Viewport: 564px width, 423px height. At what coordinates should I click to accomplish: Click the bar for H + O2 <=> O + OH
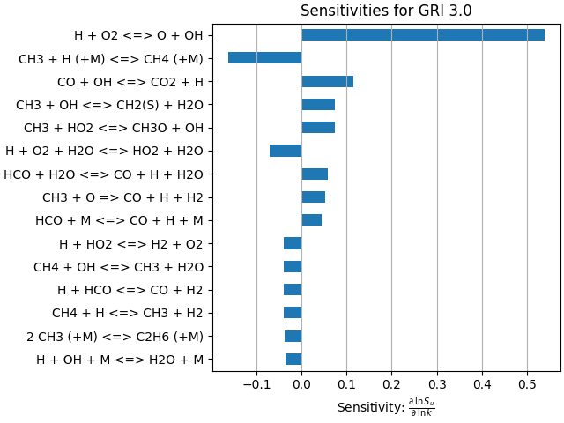click(x=423, y=35)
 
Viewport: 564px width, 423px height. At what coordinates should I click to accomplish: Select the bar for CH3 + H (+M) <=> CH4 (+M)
click(x=264, y=58)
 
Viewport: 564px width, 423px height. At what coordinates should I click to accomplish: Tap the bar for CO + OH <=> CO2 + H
click(x=327, y=81)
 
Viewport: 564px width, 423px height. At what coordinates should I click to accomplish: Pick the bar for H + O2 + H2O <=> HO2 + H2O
click(x=286, y=151)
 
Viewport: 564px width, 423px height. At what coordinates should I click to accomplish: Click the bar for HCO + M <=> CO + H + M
click(x=311, y=220)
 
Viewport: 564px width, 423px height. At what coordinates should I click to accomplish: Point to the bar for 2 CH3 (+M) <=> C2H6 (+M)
click(x=293, y=336)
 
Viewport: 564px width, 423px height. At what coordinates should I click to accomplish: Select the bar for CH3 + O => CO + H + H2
click(x=313, y=197)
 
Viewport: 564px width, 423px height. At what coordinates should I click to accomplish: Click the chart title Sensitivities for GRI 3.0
click(x=386, y=11)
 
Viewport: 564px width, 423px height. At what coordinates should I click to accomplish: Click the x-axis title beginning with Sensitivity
click(x=386, y=407)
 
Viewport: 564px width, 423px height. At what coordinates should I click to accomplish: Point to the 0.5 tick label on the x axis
click(x=527, y=385)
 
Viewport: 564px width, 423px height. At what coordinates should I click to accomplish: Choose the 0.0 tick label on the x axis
click(x=301, y=385)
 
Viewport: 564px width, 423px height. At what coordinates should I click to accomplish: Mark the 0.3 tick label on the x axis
click(x=437, y=385)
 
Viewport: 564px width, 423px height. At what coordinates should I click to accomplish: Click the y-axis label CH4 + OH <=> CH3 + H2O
click(x=118, y=267)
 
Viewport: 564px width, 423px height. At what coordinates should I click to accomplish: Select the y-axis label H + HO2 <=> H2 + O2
click(x=131, y=244)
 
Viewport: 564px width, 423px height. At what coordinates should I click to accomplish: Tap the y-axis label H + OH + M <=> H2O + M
click(x=120, y=360)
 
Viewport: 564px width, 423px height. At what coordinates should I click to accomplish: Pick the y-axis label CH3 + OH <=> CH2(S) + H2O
click(x=109, y=105)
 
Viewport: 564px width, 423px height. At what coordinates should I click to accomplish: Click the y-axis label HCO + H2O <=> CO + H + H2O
click(x=103, y=174)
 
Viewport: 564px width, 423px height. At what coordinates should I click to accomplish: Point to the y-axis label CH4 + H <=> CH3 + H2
click(x=128, y=313)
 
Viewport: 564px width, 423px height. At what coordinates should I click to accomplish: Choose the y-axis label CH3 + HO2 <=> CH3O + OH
click(x=114, y=128)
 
